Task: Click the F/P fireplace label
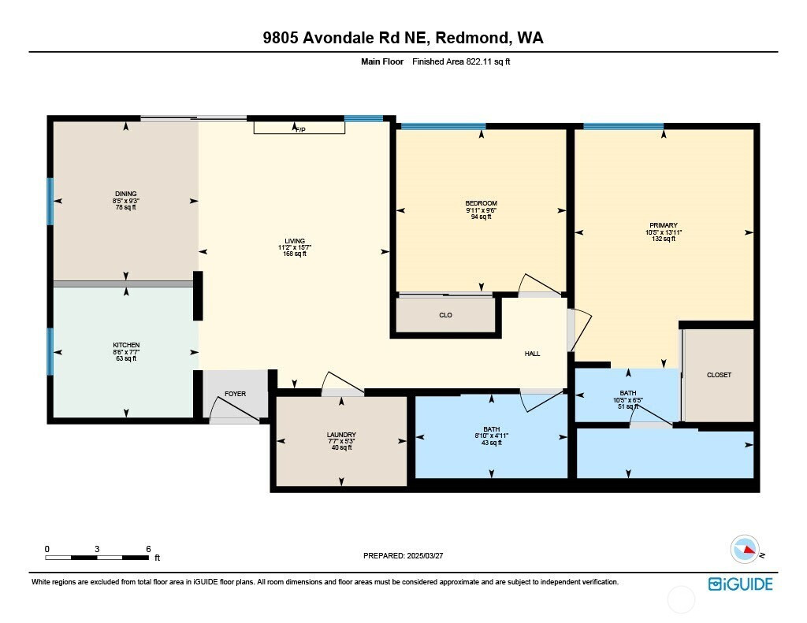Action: [x=300, y=130]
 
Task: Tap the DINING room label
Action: [x=125, y=194]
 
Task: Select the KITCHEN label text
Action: [x=126, y=345]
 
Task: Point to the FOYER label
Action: [x=235, y=394]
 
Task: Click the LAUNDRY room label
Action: [x=341, y=435]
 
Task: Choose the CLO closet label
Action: [x=446, y=315]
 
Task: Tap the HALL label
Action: [x=532, y=354]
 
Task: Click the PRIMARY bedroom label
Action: [x=664, y=225]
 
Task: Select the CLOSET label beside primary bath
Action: [x=719, y=375]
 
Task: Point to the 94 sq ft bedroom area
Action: [x=482, y=217]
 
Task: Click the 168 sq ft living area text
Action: [x=295, y=254]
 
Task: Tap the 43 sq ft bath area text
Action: [x=492, y=443]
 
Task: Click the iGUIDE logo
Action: [x=740, y=584]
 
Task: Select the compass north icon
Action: [x=745, y=550]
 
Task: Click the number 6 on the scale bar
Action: [x=148, y=549]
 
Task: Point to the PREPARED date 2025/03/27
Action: [x=425, y=555]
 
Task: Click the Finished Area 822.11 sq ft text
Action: [x=461, y=61]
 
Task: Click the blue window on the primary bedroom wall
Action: [x=623, y=126]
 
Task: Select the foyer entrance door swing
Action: [x=233, y=410]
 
